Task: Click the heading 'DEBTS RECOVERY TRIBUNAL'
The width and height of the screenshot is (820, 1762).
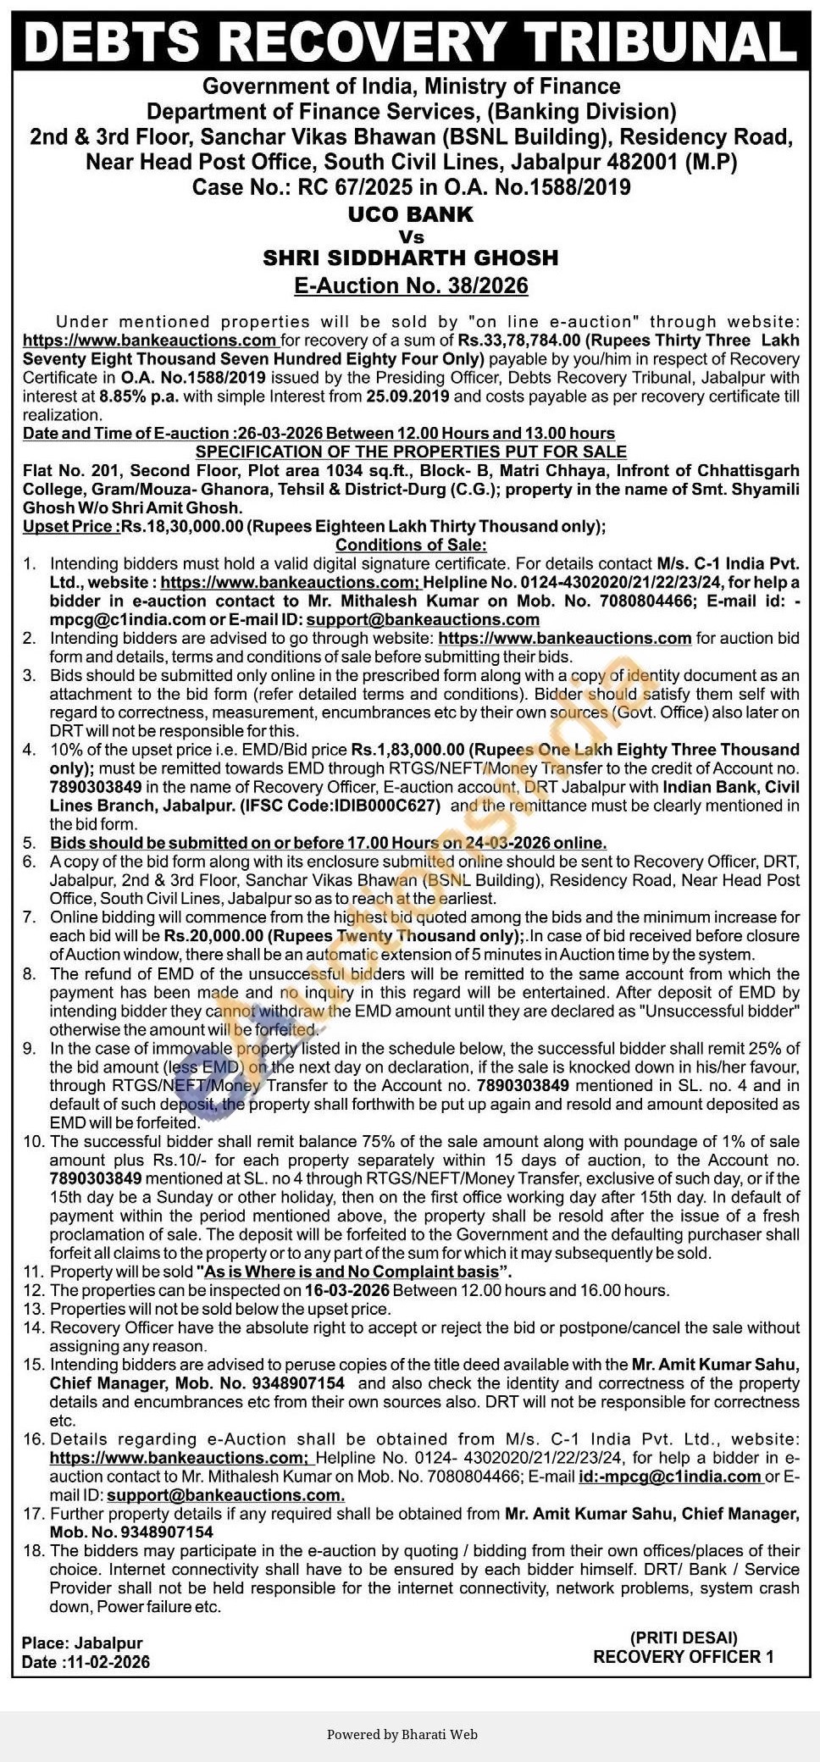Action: (x=410, y=41)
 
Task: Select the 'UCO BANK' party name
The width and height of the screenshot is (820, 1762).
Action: (x=410, y=214)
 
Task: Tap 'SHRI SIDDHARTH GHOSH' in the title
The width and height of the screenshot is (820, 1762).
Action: (x=410, y=258)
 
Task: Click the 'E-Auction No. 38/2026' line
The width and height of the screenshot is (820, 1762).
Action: (x=410, y=285)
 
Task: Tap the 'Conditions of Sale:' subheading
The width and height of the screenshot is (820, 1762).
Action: (x=411, y=545)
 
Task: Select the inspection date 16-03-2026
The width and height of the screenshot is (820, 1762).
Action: (x=346, y=1291)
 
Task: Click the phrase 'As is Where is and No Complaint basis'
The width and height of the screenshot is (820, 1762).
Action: (x=349, y=1272)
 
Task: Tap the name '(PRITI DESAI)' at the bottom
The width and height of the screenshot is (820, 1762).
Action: (x=683, y=1637)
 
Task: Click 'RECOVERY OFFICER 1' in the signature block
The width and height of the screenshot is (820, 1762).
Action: (x=683, y=1657)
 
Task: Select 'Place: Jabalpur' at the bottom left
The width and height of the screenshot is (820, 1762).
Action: (x=82, y=1643)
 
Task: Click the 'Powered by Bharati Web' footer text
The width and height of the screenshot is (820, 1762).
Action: (x=402, y=1734)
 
